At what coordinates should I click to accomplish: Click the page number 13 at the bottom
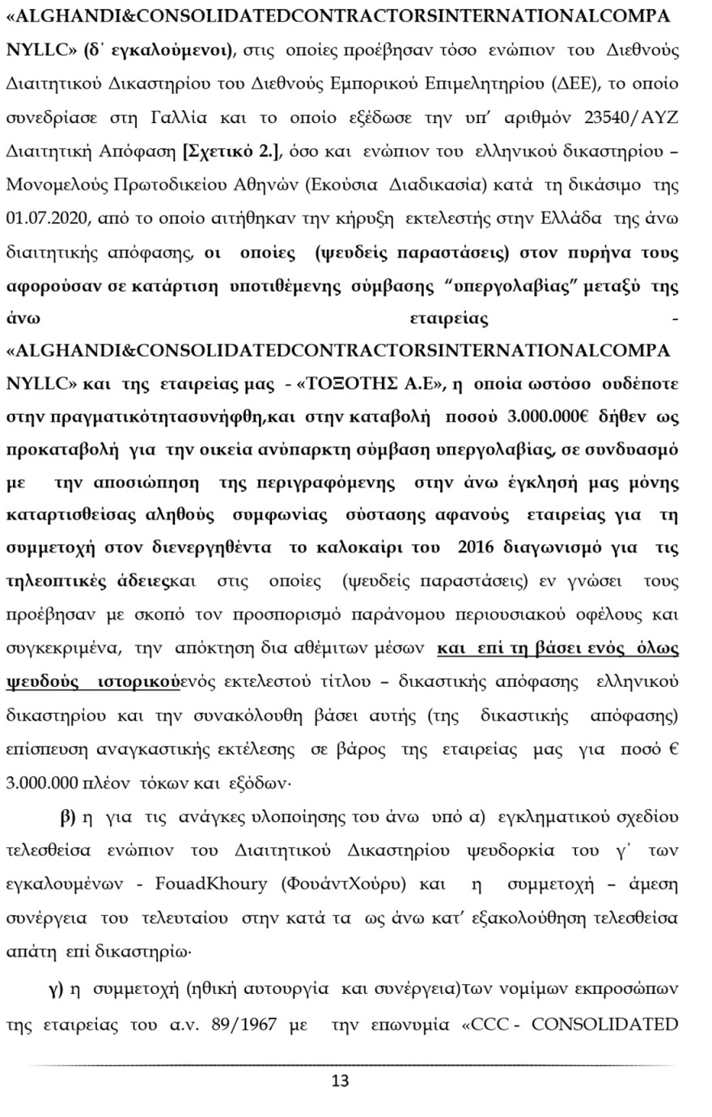[x=341, y=1081]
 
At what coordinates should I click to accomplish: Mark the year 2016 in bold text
[x=480, y=548]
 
